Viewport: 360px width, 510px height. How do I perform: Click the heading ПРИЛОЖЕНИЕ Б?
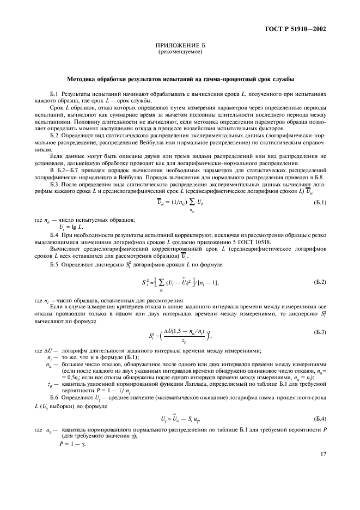(180, 46)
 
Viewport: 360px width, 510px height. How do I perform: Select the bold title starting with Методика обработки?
(180, 79)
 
